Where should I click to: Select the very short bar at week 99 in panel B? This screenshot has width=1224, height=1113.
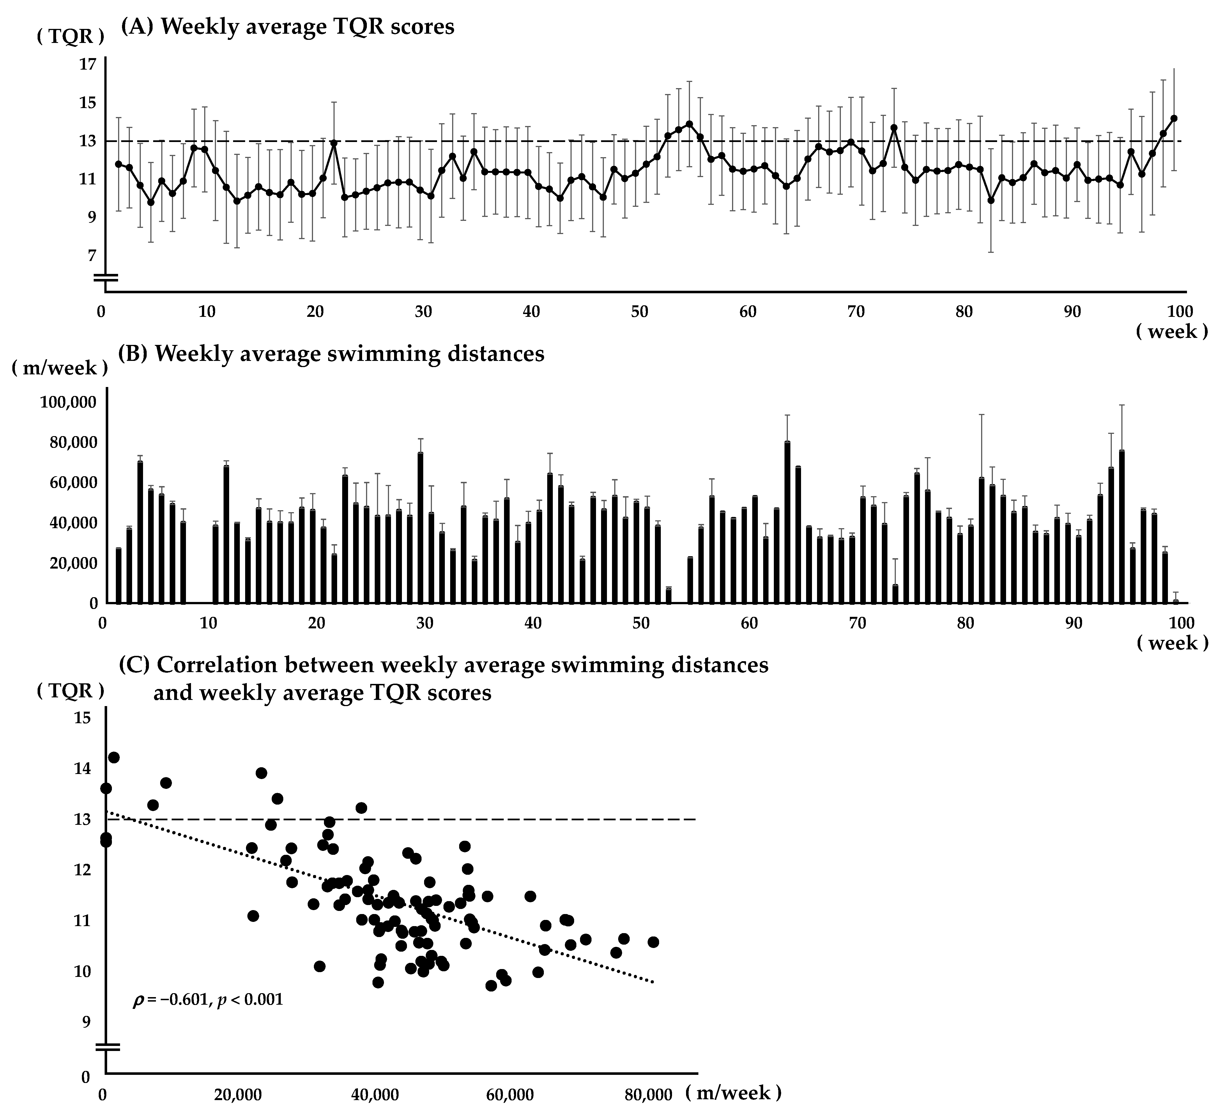click(x=1176, y=601)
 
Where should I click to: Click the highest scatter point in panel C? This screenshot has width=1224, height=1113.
click(x=114, y=757)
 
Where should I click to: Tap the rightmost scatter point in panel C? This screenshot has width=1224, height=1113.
click(x=653, y=942)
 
